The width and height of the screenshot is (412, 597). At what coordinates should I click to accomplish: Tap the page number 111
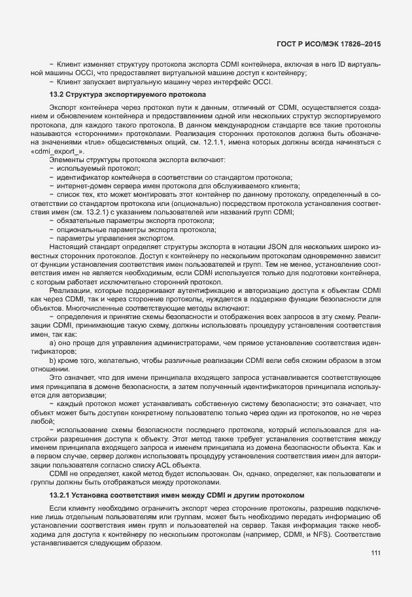click(x=375, y=553)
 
